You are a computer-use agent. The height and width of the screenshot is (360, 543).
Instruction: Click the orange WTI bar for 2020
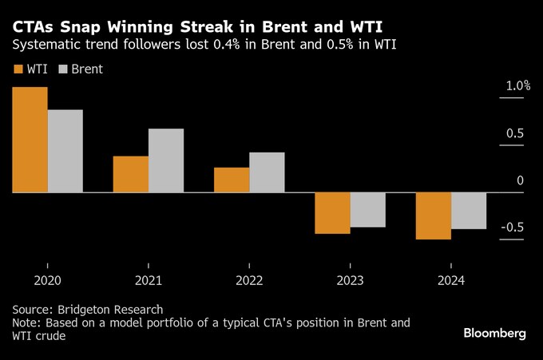click(30, 140)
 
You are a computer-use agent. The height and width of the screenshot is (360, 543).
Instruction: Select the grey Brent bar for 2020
click(65, 152)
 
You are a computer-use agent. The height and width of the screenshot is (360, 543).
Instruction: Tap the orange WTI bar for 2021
click(130, 174)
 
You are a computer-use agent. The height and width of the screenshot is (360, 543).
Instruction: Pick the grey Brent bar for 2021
click(166, 160)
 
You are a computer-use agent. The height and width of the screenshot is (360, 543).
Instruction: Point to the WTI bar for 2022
click(232, 180)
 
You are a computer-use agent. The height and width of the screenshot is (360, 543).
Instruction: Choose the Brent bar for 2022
click(267, 172)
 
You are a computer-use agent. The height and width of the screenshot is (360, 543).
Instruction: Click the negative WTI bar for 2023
click(332, 213)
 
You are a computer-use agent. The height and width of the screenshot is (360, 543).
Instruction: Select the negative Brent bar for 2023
click(368, 210)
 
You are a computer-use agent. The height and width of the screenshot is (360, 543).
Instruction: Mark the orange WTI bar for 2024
click(434, 216)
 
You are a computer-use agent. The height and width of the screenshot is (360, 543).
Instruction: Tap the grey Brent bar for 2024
click(469, 211)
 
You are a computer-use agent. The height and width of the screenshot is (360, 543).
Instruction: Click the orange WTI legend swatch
click(18, 69)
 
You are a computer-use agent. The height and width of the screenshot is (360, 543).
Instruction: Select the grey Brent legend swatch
click(62, 69)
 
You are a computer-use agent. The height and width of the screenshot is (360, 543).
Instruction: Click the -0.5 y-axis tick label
click(512, 227)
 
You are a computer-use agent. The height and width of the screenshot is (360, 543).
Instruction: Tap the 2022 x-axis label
click(249, 281)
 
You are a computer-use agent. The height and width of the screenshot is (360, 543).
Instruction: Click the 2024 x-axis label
click(451, 281)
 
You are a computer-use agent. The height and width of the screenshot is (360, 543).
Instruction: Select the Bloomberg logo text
click(495, 333)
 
